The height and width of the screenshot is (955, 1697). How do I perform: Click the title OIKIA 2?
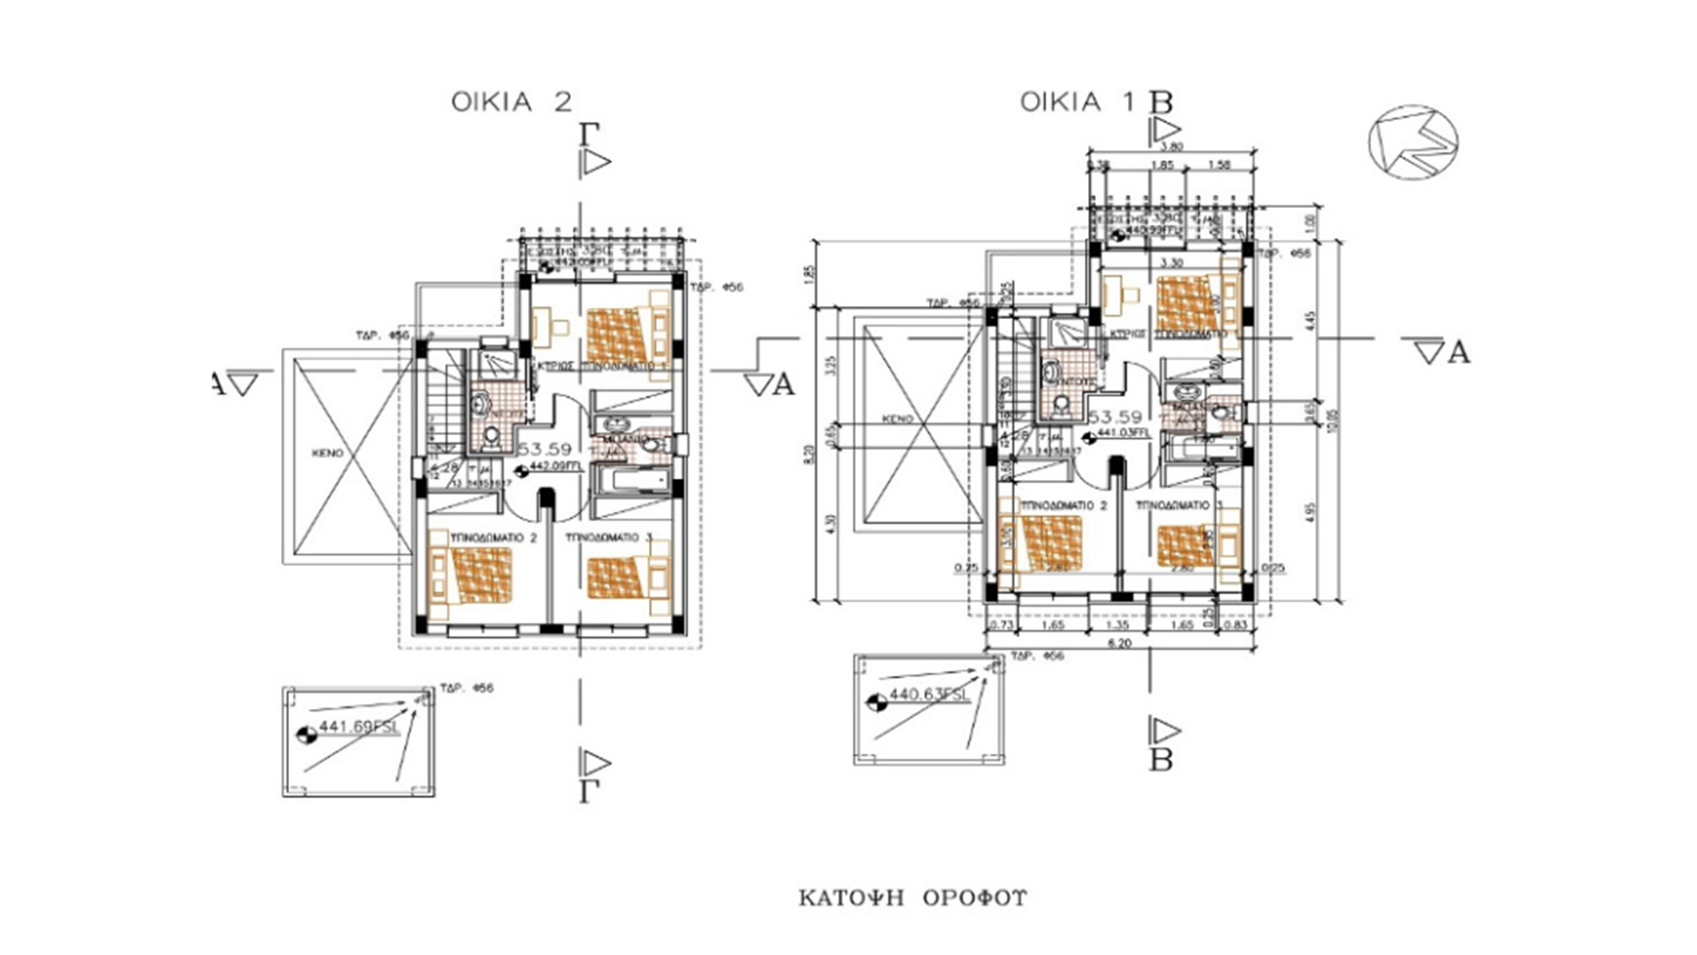(x=511, y=102)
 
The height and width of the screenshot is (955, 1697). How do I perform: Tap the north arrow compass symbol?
(x=1412, y=142)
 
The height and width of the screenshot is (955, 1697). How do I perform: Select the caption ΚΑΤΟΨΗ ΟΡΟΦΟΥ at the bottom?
(x=913, y=898)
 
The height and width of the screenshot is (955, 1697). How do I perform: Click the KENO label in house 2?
(x=327, y=453)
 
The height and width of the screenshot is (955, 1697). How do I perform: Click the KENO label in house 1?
(x=896, y=420)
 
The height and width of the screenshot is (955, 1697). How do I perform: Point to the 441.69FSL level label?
(x=359, y=727)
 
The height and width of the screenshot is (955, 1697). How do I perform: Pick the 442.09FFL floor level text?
(x=554, y=470)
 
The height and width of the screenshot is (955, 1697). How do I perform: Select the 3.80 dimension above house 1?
(x=1170, y=147)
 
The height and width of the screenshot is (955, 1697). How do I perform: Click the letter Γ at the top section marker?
(x=590, y=134)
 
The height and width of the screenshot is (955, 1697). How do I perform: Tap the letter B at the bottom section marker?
(x=1161, y=760)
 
